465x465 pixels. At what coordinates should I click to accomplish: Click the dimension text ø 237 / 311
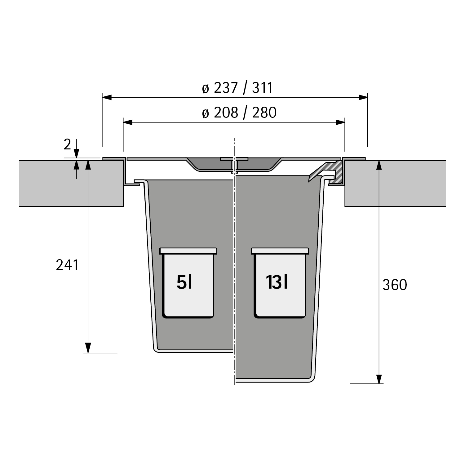pyautogui.click(x=237, y=88)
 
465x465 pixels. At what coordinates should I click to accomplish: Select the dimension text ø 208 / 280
pyautogui.click(x=239, y=113)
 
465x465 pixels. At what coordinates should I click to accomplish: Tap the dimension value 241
pyautogui.click(x=67, y=265)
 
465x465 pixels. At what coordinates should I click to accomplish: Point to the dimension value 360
pyautogui.click(x=395, y=285)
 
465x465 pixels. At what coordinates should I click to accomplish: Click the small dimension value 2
pyautogui.click(x=67, y=144)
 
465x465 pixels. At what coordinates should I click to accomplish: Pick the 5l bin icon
pyautogui.click(x=188, y=283)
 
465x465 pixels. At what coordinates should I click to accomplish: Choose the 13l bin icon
pyautogui.click(x=280, y=283)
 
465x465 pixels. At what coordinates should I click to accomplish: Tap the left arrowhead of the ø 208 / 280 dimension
pyautogui.click(x=128, y=122)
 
